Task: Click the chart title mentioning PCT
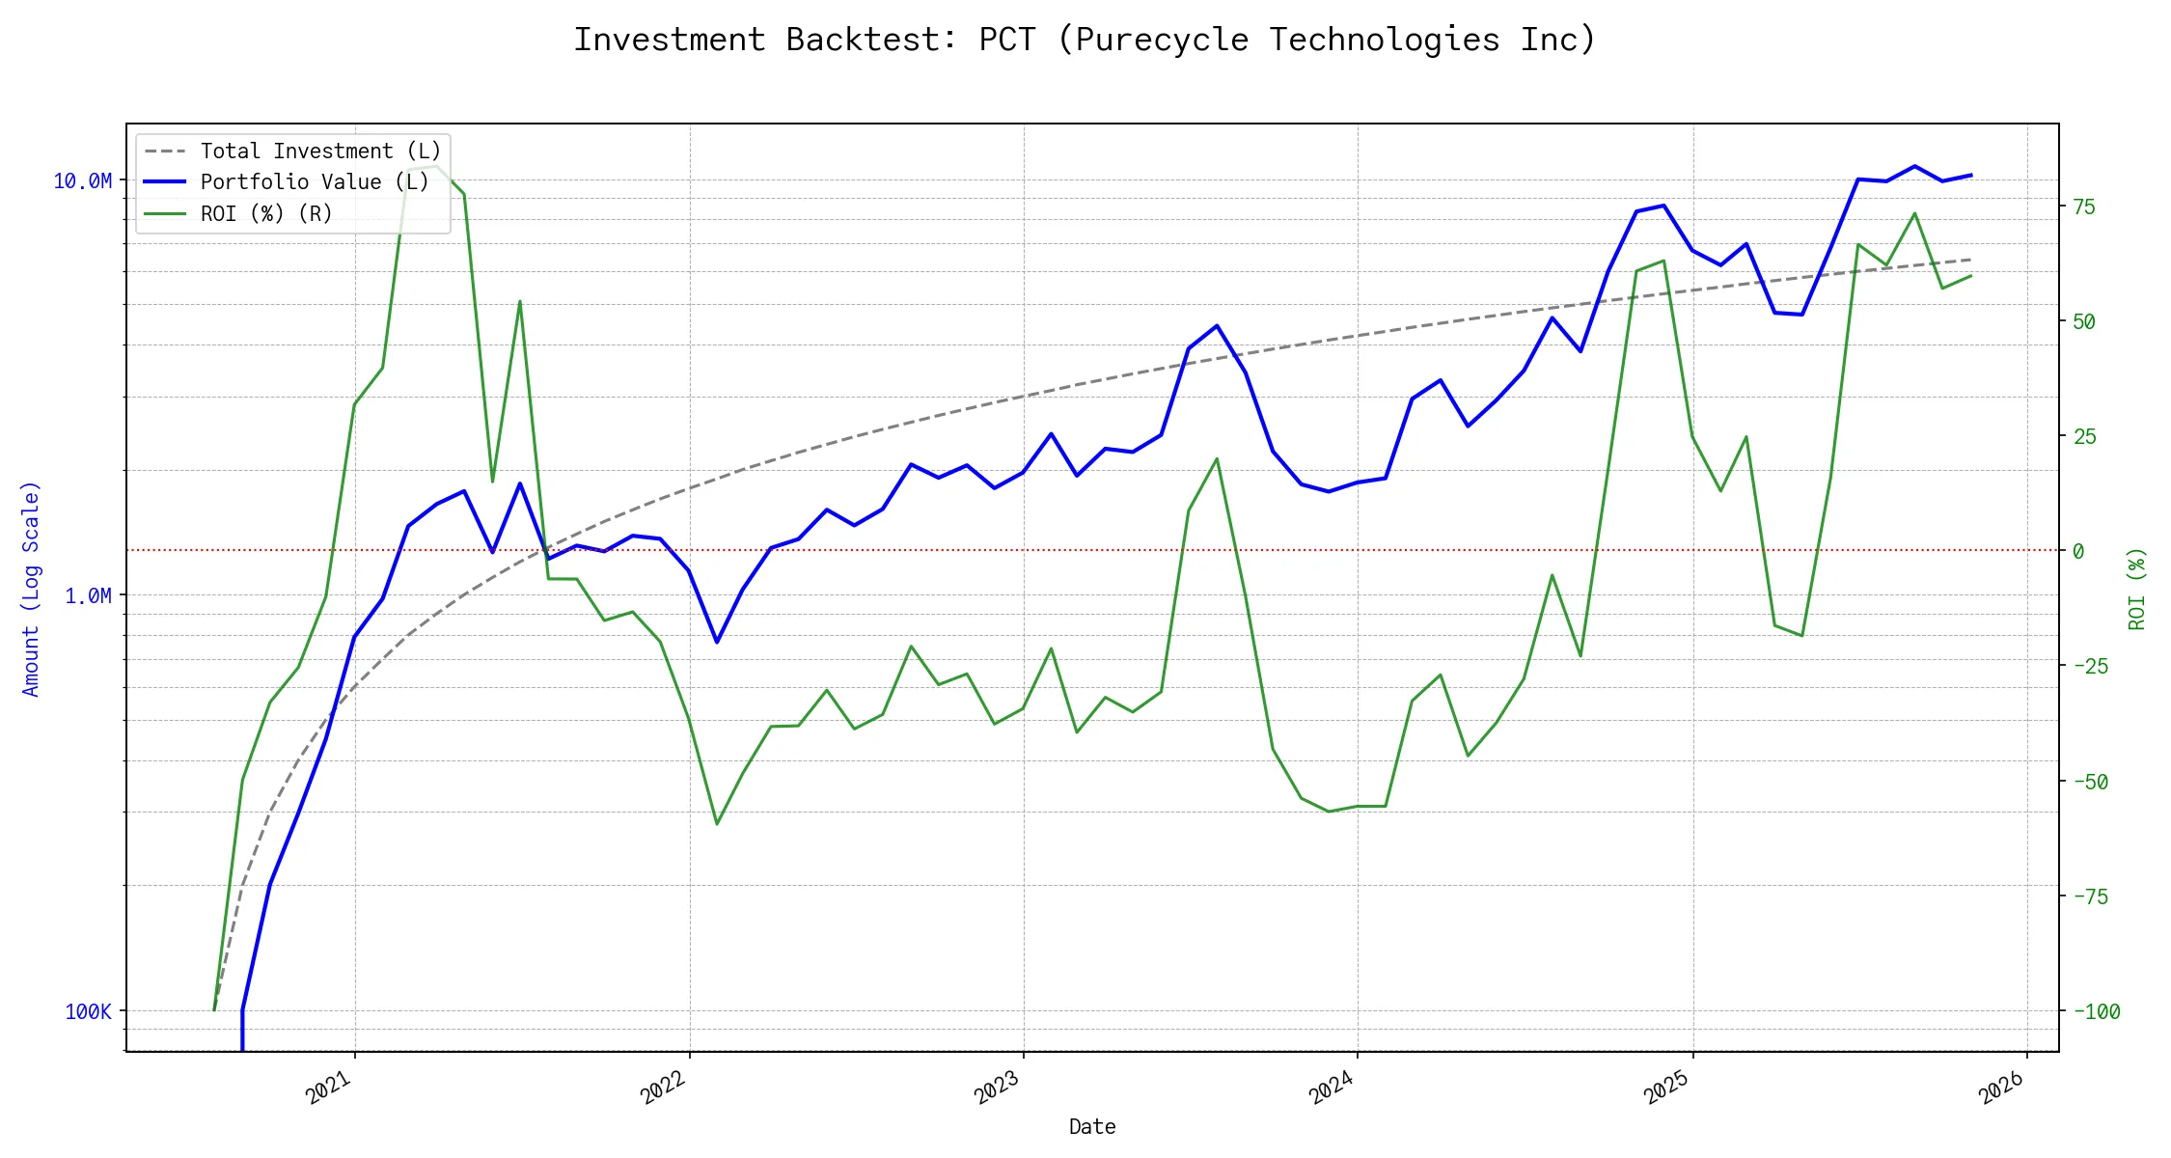click(1085, 40)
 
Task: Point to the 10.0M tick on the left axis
click(82, 181)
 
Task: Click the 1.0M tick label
click(88, 596)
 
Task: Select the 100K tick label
click(88, 1011)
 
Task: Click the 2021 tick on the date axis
click(329, 1088)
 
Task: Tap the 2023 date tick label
click(997, 1088)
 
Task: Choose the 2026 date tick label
click(2001, 1088)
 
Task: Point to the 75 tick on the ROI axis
click(2084, 207)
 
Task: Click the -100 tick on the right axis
click(2096, 1011)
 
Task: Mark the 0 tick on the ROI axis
click(2078, 551)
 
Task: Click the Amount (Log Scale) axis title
click(31, 589)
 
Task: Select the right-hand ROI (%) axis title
click(2136, 589)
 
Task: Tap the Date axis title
click(1092, 1126)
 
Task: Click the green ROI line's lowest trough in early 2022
click(717, 823)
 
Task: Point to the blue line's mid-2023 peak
click(1217, 326)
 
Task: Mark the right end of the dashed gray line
click(1970, 260)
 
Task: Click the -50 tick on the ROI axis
click(2090, 782)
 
